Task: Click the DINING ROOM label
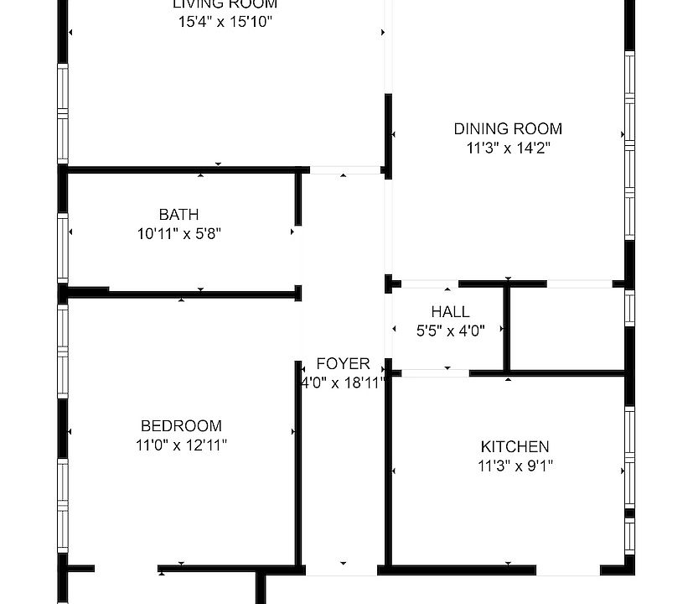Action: pyautogui.click(x=508, y=129)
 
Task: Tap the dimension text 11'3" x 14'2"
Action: pyautogui.click(x=508, y=148)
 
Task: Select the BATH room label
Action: pyautogui.click(x=178, y=215)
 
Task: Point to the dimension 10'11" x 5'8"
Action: pyautogui.click(x=178, y=234)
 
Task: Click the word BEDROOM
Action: pyautogui.click(x=181, y=426)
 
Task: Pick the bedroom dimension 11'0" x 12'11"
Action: pyautogui.click(x=181, y=445)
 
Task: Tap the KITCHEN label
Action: pyautogui.click(x=515, y=446)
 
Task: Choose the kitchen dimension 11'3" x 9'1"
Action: pyautogui.click(x=515, y=466)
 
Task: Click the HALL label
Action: pyautogui.click(x=450, y=312)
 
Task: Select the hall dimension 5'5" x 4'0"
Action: pyautogui.click(x=450, y=331)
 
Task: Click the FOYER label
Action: pyautogui.click(x=343, y=364)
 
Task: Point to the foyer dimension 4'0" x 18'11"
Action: pyautogui.click(x=343, y=383)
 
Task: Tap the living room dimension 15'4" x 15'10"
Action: pyautogui.click(x=225, y=22)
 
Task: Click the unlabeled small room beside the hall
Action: pyautogui.click(x=567, y=328)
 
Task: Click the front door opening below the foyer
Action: pyautogui.click(x=342, y=570)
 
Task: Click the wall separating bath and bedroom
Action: pyautogui.click(x=201, y=294)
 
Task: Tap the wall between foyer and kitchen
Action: pyautogui.click(x=388, y=470)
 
